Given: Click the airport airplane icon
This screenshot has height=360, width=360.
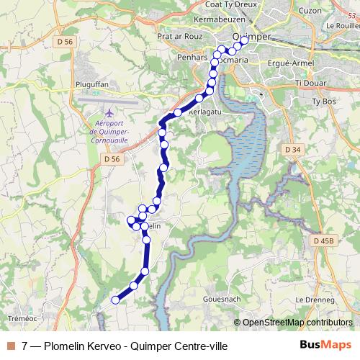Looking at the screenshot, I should pyautogui.click(x=109, y=113).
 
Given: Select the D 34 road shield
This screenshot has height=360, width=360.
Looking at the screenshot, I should pyautogui.click(x=292, y=149).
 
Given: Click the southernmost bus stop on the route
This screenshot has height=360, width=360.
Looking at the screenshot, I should pyautogui.click(x=114, y=300).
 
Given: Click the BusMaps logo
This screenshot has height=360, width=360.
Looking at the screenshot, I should pyautogui.click(x=325, y=346).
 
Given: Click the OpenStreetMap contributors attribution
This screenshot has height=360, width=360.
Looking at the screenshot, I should pyautogui.click(x=297, y=323).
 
